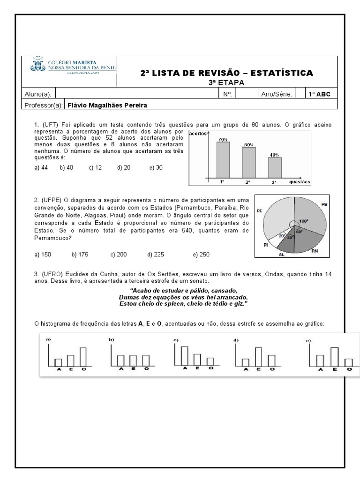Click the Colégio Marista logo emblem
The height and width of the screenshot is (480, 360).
pyautogui.click(x=37, y=65)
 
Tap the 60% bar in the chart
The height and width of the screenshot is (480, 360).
pyautogui.click(x=249, y=162)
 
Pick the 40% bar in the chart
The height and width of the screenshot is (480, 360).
pyautogui.click(x=275, y=167)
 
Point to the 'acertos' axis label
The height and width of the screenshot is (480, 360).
pyautogui.click(x=198, y=134)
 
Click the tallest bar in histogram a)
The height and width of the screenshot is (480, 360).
pyautogui.click(x=83, y=357)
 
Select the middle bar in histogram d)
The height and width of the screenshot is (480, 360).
pyautogui.click(x=258, y=357)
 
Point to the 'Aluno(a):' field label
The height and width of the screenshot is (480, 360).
pyautogui.click(x=39, y=94)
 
